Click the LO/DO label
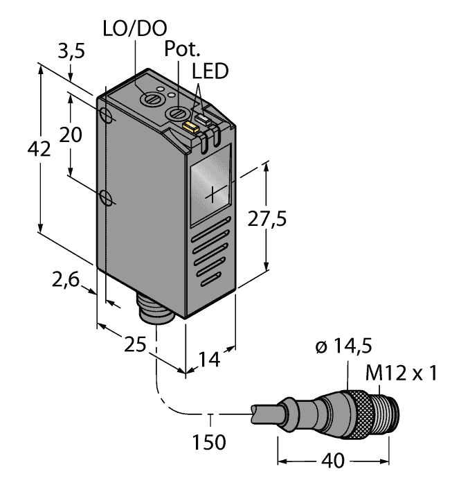135,29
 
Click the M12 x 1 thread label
402,375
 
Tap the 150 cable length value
208,441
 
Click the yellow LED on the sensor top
189,126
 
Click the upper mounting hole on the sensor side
107,114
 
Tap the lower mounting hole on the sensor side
106,198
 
